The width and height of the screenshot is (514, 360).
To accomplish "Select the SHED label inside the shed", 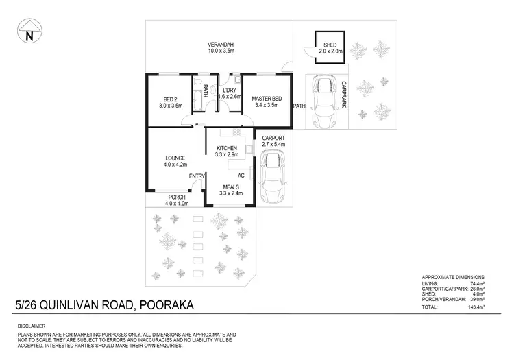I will tap(329, 45).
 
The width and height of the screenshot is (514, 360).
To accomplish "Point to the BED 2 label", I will tap(171, 98).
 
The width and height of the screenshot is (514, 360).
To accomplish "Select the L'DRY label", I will tap(230, 91).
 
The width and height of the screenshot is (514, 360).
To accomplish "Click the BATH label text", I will tap(205, 91).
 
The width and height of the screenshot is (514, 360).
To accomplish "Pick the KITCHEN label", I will tap(227, 148).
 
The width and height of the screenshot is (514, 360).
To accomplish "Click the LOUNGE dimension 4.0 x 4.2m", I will tap(175, 165).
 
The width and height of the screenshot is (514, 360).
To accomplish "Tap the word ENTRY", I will tap(197, 177).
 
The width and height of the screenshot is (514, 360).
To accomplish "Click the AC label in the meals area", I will tap(241, 176).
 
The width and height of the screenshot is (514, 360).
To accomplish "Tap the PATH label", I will tap(299, 106).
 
